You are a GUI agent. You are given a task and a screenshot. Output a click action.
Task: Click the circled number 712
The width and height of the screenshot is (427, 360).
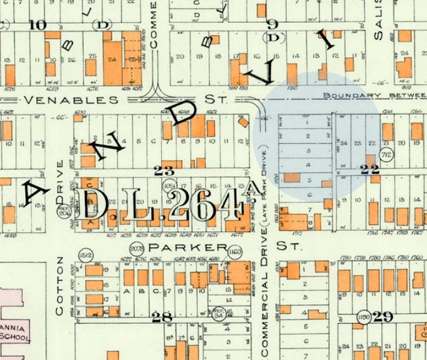pos(385,155)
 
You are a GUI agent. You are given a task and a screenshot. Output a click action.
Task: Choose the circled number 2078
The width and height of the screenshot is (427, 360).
pos(136,248)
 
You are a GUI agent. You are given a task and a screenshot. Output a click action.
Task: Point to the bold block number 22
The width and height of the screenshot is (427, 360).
pos(370,169)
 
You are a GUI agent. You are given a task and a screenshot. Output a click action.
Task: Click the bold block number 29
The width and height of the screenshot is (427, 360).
pos(383,316)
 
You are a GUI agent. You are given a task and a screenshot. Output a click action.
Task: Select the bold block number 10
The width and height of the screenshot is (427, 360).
pos(38,25)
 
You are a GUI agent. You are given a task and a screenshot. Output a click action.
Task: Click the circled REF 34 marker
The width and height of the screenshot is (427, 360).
pos(219,311)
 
